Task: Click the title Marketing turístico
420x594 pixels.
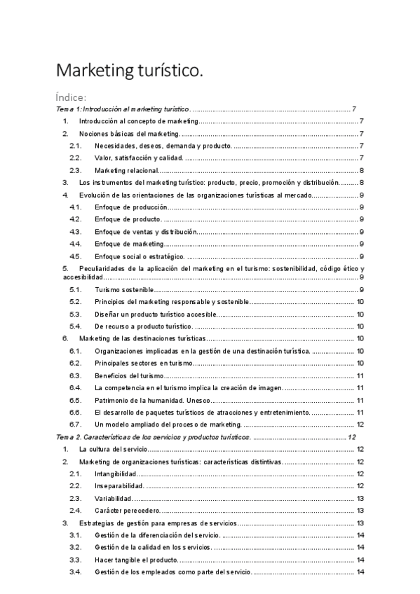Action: [130, 71]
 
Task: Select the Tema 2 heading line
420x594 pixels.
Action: [154, 436]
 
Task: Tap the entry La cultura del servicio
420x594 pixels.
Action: [114, 449]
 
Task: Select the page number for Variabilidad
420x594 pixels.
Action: [359, 498]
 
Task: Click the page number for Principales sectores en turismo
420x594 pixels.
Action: [359, 363]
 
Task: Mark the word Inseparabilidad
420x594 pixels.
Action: [119, 486]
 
